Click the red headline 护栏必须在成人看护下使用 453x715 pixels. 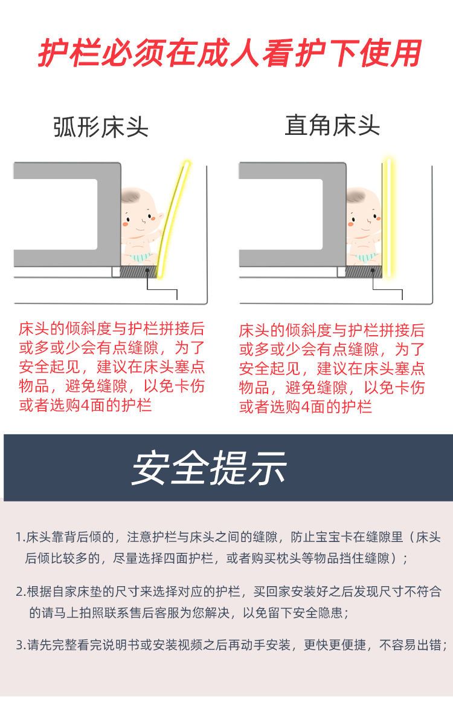coord(230,54)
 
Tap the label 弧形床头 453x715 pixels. coord(101,127)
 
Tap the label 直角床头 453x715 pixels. coord(332,125)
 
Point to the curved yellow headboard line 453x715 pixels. coord(172,219)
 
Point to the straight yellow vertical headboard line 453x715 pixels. coord(387,218)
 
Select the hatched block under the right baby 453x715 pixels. coord(364,272)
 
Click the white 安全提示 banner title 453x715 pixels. coord(209,468)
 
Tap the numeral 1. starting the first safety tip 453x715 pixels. coord(20,538)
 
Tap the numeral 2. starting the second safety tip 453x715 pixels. coord(21,592)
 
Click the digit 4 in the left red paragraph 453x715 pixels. coord(85,405)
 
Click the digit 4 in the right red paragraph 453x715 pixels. coord(306,406)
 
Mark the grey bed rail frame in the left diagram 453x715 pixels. coord(68,214)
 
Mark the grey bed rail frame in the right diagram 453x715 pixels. coord(293,214)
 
